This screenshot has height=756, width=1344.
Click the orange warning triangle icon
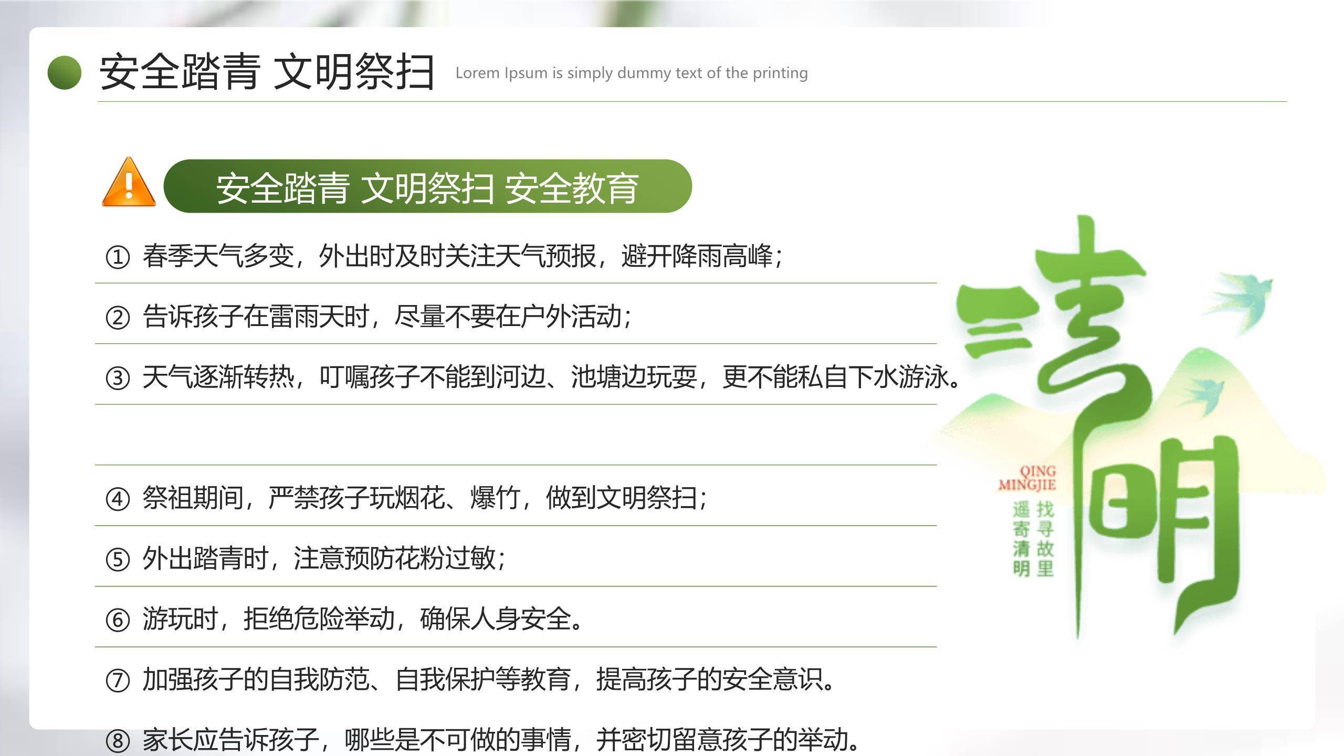click(129, 183)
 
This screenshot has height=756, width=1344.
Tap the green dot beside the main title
click(65, 72)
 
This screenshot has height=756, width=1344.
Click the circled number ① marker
click(118, 257)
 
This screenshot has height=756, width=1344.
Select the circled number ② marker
click(118, 318)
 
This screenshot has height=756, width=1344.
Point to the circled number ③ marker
click(118, 378)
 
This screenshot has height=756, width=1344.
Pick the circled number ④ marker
click(118, 499)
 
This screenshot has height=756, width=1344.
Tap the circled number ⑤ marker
click(118, 559)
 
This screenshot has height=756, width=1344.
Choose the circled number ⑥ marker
click(118, 619)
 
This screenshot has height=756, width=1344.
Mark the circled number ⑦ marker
click(118, 680)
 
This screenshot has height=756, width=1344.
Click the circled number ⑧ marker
click(118, 741)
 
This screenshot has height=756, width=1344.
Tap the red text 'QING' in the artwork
click(1037, 471)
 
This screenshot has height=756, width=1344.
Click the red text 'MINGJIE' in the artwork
click(1027, 484)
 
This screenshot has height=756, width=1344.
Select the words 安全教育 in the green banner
click(572, 187)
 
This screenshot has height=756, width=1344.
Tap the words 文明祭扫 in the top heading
click(354, 72)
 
